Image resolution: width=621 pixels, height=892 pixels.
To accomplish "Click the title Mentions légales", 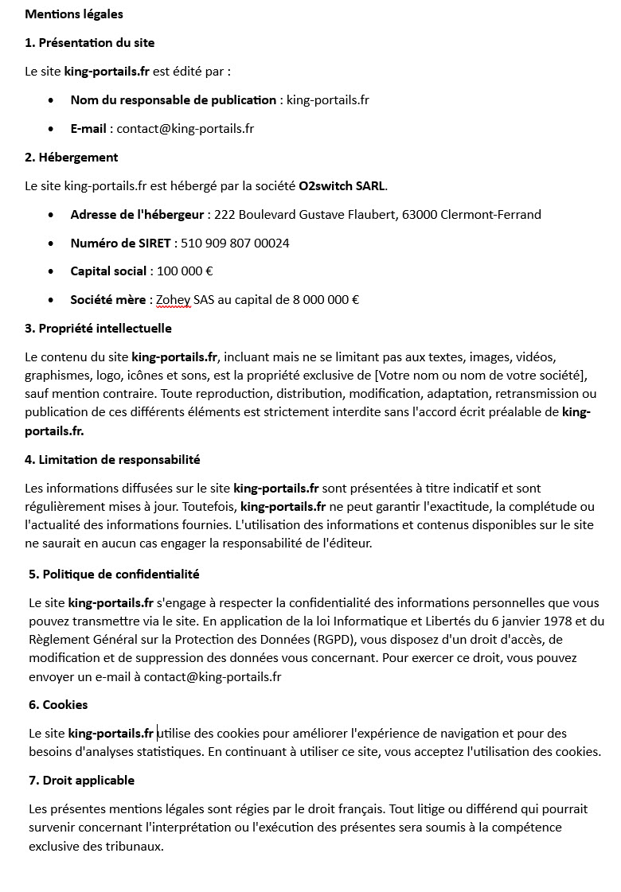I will coord(74,14).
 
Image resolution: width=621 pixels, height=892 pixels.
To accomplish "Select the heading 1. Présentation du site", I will coord(90,43).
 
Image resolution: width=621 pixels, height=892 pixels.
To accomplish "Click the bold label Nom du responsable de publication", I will coord(173,100).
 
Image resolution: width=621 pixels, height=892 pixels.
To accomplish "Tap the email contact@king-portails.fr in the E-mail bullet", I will coord(186,129).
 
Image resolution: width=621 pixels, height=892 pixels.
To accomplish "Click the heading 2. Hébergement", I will coord(72,158).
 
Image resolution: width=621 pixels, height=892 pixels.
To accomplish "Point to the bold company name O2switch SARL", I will coord(342,186).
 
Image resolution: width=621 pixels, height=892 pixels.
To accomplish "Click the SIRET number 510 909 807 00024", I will coord(235,243).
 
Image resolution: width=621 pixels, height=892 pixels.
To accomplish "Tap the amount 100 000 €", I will coord(185,271).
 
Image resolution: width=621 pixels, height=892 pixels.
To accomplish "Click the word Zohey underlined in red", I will coord(173,300).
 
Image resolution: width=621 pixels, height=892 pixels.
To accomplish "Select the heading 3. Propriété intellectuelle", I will coord(98,329).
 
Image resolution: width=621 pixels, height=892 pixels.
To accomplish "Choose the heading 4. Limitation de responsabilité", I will coord(112,460).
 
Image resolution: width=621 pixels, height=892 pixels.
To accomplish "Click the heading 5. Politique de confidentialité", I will coord(114,575).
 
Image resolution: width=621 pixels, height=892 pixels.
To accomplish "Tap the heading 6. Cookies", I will coord(58,705).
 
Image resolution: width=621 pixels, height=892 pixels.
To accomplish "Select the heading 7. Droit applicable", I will coord(81,781).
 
